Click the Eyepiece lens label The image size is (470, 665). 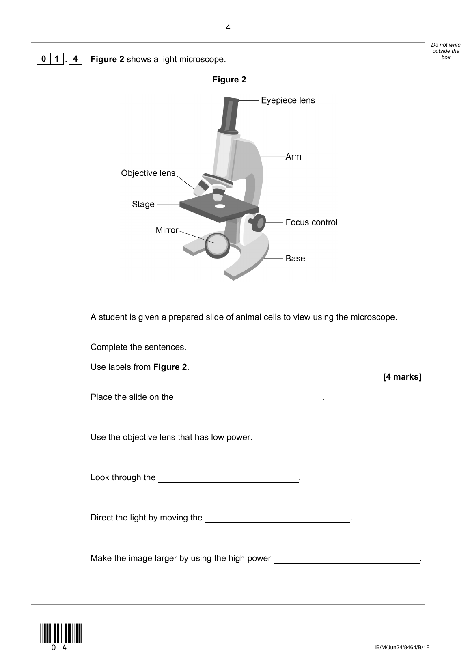tap(288, 100)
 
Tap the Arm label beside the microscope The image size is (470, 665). tap(293, 157)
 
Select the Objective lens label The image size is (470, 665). tap(148, 173)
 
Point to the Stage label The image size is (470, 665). tap(143, 204)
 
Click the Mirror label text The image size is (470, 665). tap(167, 230)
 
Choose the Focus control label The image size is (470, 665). tap(311, 222)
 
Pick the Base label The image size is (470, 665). tap(295, 259)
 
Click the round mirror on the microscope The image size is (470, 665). tap(216, 245)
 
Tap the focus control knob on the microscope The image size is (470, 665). tap(258, 222)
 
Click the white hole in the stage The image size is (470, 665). tap(220, 206)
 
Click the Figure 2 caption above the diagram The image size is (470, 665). tap(229, 80)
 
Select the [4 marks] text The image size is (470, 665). tap(402, 377)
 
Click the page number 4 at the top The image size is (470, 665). tap(228, 28)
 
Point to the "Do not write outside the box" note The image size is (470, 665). tap(446, 51)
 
